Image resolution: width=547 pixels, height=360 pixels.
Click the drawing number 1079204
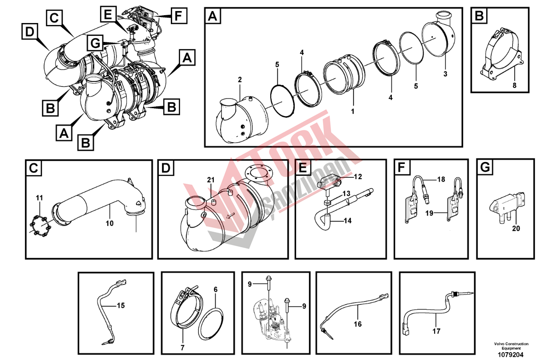click(x=511, y=355)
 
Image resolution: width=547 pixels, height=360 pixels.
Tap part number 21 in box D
click(x=210, y=180)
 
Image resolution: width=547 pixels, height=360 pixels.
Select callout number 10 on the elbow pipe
click(x=110, y=223)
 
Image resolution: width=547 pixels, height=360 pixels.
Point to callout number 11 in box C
click(x=40, y=198)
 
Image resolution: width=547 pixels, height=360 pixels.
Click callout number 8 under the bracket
click(x=515, y=85)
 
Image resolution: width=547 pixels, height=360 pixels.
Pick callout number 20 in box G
click(x=516, y=228)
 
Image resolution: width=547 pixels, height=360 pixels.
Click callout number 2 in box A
click(x=240, y=80)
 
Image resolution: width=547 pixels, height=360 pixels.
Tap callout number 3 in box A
click(x=445, y=74)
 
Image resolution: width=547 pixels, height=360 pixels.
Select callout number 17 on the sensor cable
click(x=436, y=331)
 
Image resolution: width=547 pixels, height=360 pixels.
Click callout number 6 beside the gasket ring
click(x=215, y=290)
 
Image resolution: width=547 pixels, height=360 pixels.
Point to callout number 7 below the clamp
click(x=182, y=348)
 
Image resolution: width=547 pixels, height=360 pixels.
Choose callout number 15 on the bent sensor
click(x=120, y=306)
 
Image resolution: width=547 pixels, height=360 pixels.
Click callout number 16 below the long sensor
click(x=358, y=324)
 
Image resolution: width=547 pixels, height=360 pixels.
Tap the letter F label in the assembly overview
click(x=179, y=16)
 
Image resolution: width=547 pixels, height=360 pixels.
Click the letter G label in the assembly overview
click(x=95, y=44)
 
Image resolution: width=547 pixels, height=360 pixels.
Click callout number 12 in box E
click(x=358, y=176)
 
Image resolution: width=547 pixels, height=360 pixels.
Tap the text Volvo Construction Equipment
click(x=511, y=346)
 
